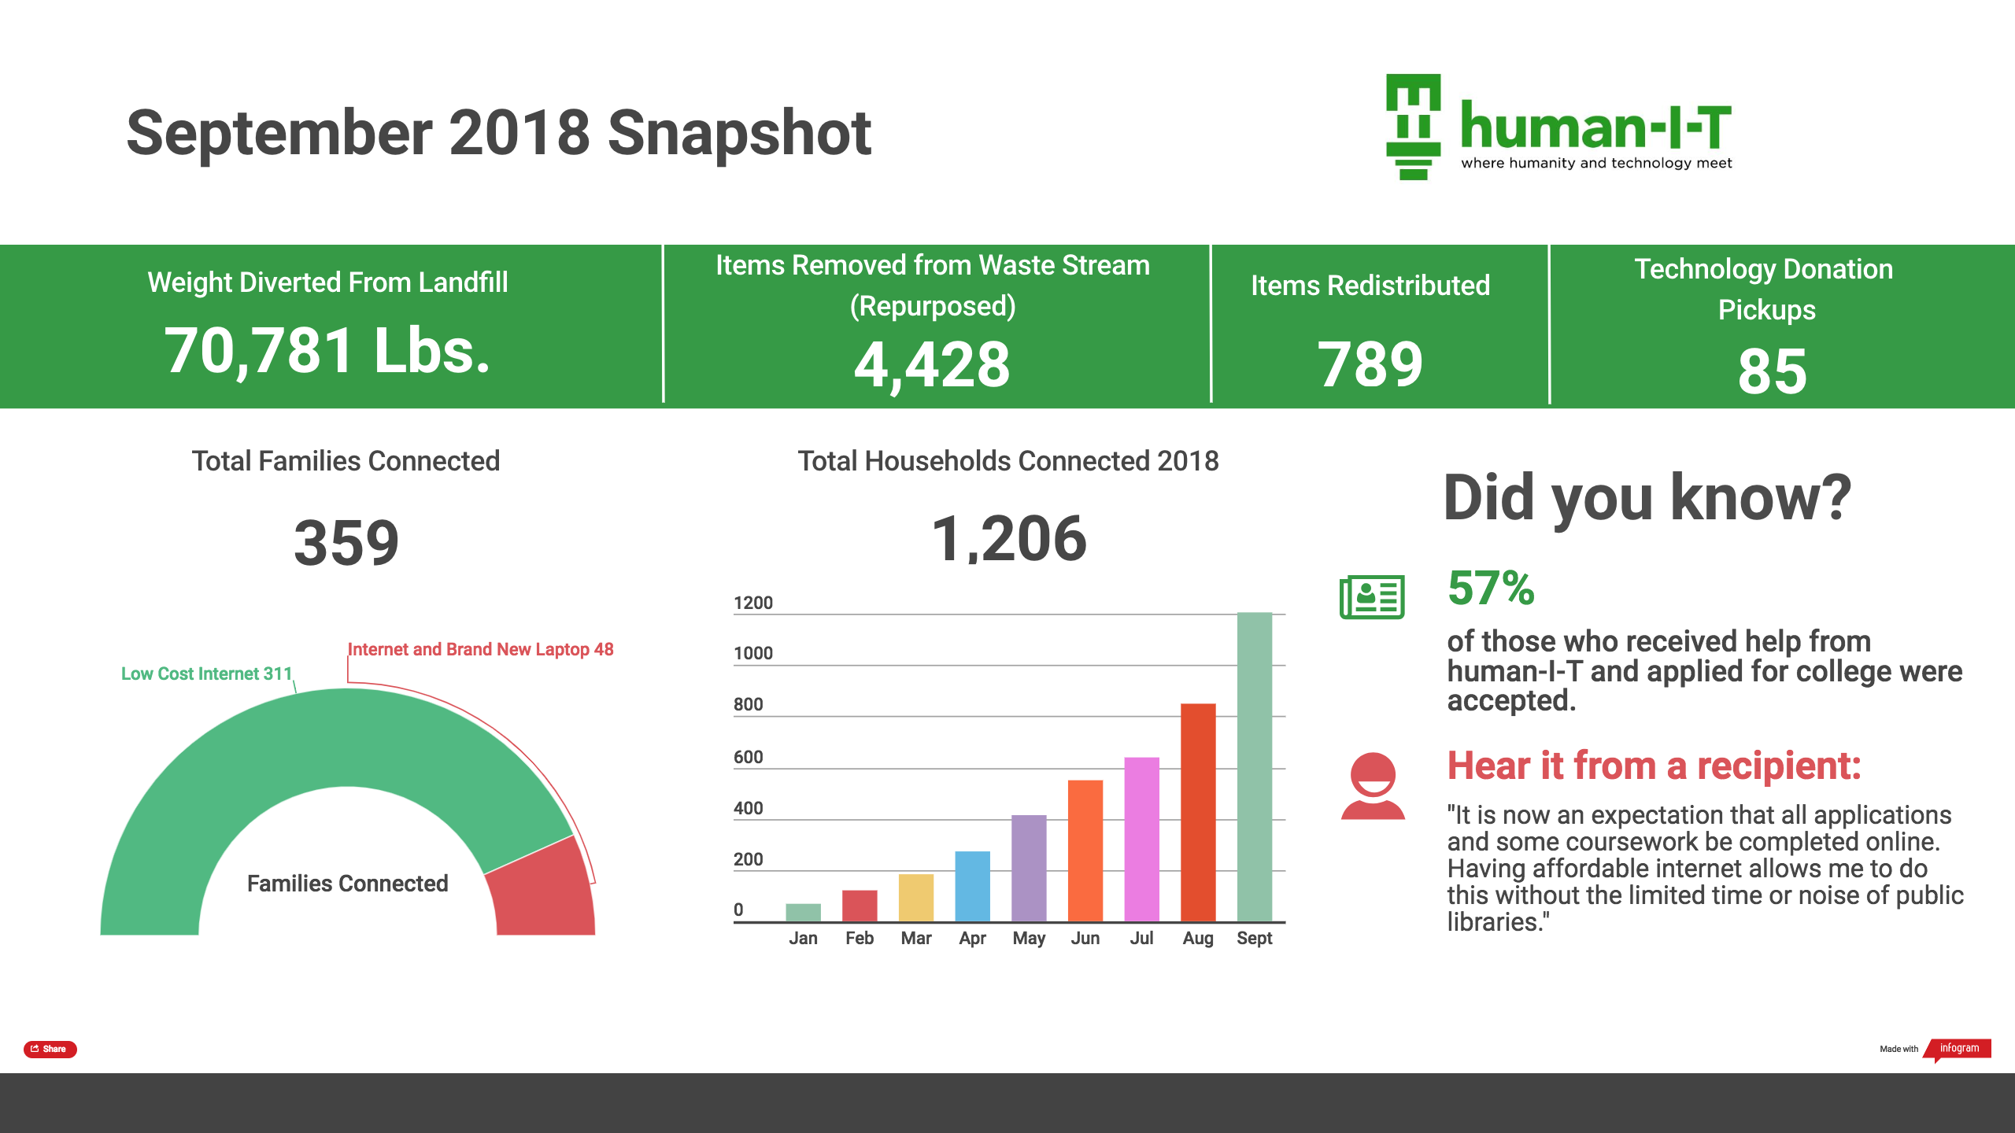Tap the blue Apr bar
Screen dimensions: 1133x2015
tap(972, 886)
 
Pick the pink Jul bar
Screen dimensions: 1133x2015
tap(1141, 839)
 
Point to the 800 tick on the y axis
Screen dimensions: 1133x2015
tap(748, 704)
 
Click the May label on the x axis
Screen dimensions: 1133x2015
tap(1029, 938)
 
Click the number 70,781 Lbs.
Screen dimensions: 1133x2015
tap(327, 351)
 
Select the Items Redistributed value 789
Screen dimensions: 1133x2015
tap(1370, 364)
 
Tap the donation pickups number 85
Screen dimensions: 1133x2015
tap(1772, 371)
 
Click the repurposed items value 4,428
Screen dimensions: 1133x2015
tap(932, 365)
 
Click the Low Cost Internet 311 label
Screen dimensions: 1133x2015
tap(206, 674)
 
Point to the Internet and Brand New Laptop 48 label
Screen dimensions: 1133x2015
tap(480, 649)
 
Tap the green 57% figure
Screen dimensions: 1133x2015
tap(1491, 588)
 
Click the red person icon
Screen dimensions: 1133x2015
tap(1373, 786)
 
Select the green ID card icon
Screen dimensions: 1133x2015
tap(1372, 597)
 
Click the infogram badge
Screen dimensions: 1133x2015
tap(1959, 1048)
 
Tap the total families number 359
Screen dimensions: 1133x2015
tap(346, 543)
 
